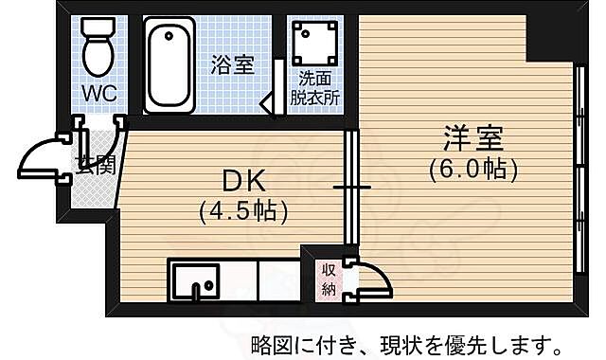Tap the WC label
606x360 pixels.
pos(98,93)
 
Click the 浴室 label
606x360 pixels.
pos(233,65)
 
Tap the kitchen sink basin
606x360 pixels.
pos(196,281)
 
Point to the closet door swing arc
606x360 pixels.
pos(372,277)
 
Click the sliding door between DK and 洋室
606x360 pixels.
pos(351,187)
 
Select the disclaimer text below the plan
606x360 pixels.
pos(410,341)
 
